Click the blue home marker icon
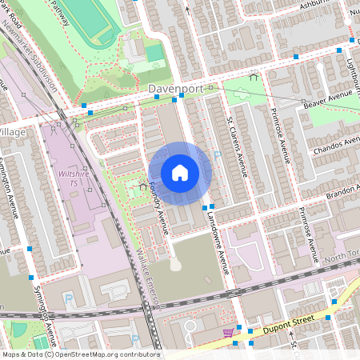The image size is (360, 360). [x=180, y=173]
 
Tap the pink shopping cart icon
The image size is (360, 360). [x=229, y=332]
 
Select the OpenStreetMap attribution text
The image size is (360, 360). [x=80, y=354]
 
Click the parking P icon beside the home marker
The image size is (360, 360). [x=217, y=156]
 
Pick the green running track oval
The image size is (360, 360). [x=91, y=24]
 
